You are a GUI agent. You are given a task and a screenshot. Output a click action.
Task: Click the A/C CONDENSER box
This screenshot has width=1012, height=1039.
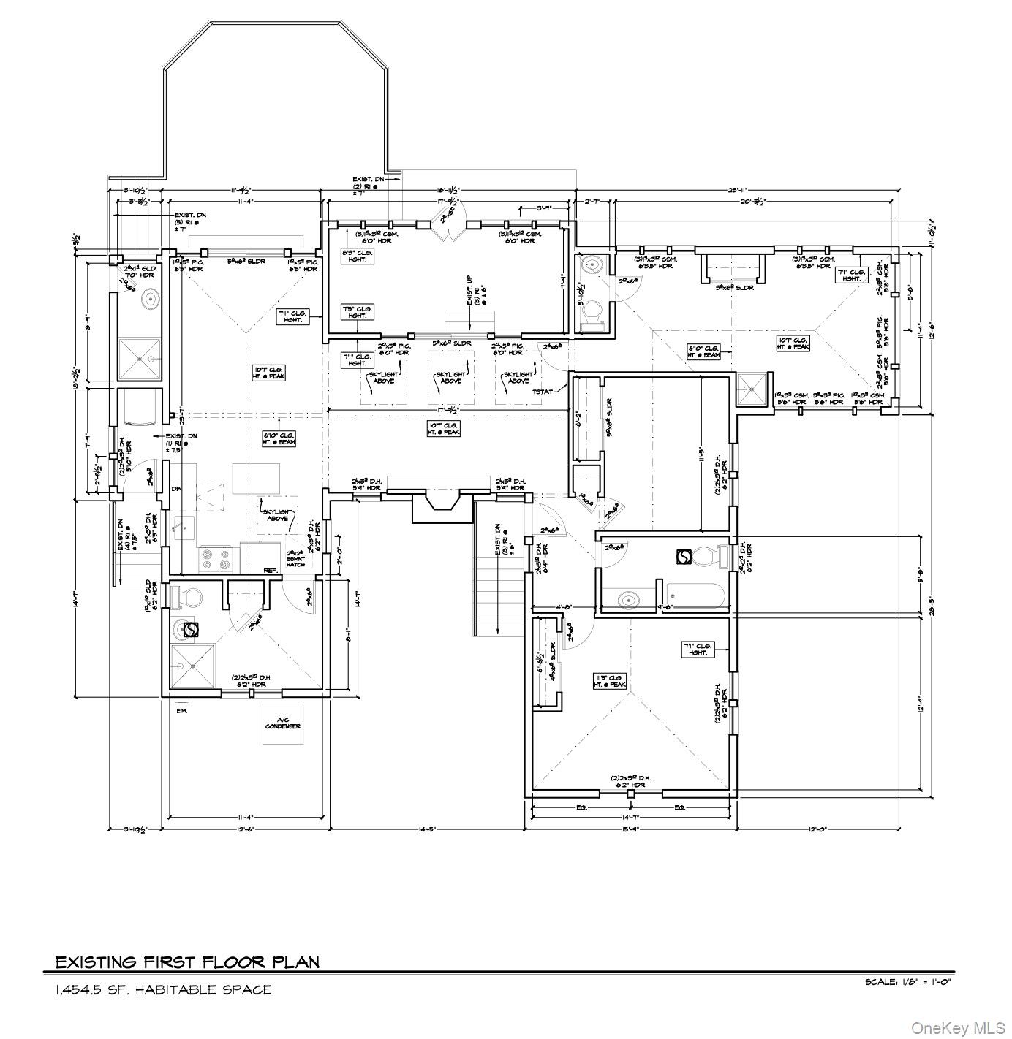click(x=283, y=723)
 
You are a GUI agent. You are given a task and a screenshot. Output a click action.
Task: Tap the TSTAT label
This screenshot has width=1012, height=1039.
click(x=543, y=392)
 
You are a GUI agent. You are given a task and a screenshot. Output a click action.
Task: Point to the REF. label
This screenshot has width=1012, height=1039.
click(x=270, y=570)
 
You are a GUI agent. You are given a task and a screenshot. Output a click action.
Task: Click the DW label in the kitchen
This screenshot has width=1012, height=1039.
click(x=175, y=490)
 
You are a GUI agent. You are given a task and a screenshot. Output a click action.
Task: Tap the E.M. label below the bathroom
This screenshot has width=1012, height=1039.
click(x=181, y=711)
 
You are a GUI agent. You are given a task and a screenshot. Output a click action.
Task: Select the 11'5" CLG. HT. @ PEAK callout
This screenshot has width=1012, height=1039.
click(x=610, y=681)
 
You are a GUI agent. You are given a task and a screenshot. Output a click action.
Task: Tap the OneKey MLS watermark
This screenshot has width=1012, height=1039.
click(x=958, y=1028)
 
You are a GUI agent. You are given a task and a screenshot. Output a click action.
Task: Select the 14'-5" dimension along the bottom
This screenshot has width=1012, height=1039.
click(x=426, y=829)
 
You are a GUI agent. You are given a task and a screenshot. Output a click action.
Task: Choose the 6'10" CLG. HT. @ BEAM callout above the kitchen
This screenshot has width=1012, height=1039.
click(x=280, y=438)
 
